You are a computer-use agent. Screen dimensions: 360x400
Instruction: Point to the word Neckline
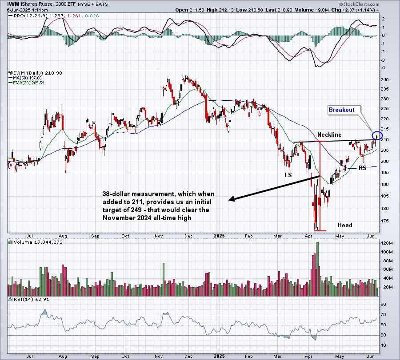pos(329,135)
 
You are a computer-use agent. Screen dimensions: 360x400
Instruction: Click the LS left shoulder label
pos(288,175)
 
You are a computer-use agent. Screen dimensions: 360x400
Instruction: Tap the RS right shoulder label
pos(363,168)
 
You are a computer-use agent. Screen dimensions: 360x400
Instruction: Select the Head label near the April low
pos(345,225)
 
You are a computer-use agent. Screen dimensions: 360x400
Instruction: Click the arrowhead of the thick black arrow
pos(230,200)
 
